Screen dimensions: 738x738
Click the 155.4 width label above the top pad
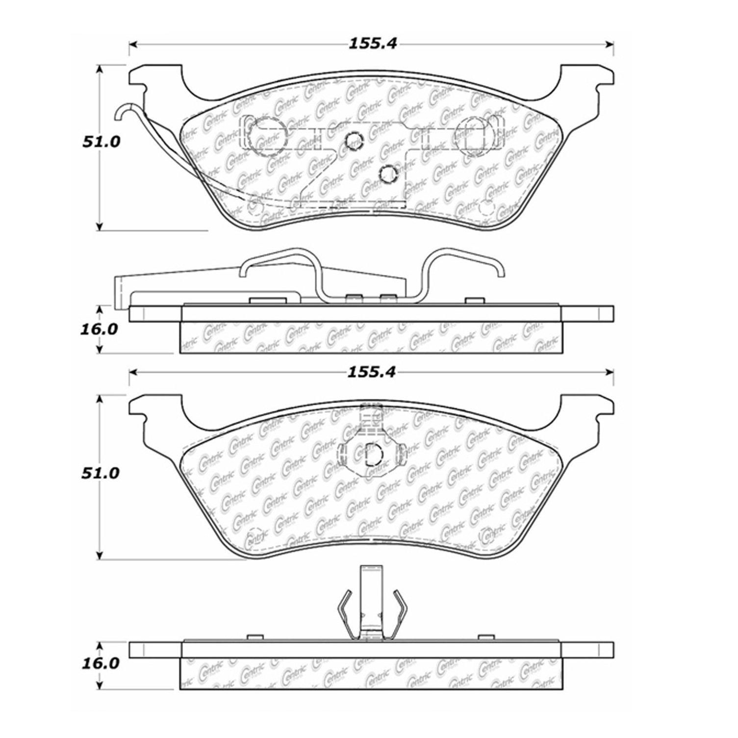tap(372, 44)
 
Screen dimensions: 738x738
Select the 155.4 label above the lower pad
tap(371, 372)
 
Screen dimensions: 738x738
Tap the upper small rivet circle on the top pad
tap(354, 141)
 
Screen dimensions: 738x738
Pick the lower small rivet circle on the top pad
tap(388, 173)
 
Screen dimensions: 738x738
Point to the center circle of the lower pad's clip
tap(374, 454)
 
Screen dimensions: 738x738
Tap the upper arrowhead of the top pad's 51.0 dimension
tap(100, 70)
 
